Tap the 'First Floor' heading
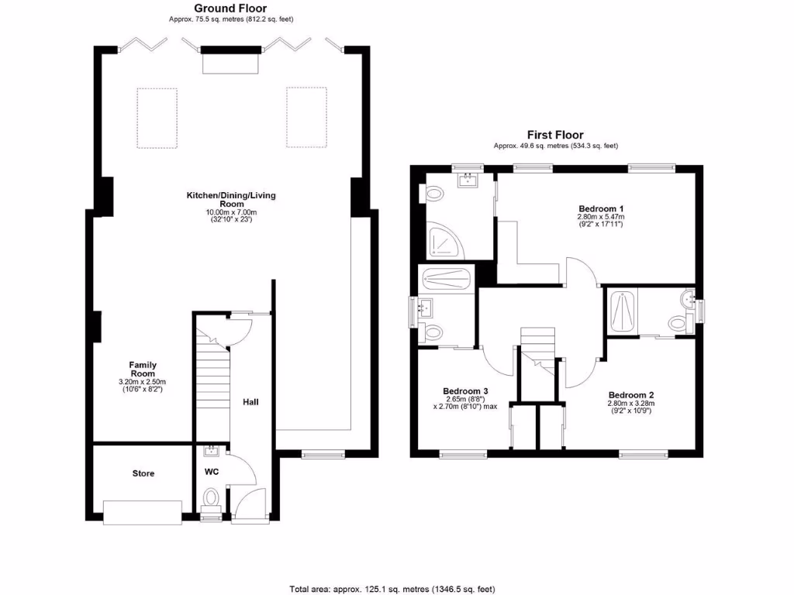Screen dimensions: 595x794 555,135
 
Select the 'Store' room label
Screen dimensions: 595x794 143,473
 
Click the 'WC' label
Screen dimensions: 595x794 212,471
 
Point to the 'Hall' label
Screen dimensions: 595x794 250,403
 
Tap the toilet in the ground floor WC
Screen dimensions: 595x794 210,497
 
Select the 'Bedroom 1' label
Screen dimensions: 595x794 601,209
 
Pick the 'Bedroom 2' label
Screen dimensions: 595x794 631,394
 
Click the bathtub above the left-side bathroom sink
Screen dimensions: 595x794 445,280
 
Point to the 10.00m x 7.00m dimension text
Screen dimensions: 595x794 230,212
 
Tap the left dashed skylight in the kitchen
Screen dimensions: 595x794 157,117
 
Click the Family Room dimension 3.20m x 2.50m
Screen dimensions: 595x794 142,382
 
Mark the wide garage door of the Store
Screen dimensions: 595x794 143,511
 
